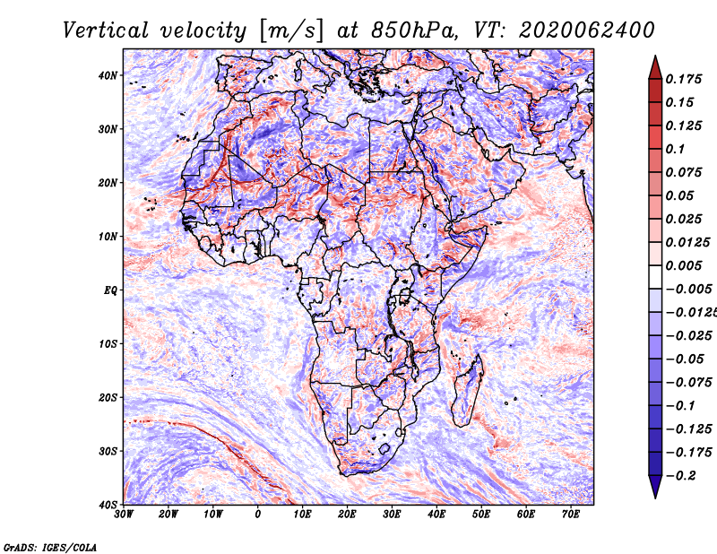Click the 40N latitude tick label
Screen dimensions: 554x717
108,75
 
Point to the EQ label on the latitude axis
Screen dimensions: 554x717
110,290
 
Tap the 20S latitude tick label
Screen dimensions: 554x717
108,397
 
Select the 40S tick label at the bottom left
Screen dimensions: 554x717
108,504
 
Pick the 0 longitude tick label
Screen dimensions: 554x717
258,515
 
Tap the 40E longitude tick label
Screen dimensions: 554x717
436,515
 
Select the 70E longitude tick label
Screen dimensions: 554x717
571,515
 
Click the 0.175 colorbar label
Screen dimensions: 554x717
683,79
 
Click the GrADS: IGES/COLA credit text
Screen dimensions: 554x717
50,546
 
